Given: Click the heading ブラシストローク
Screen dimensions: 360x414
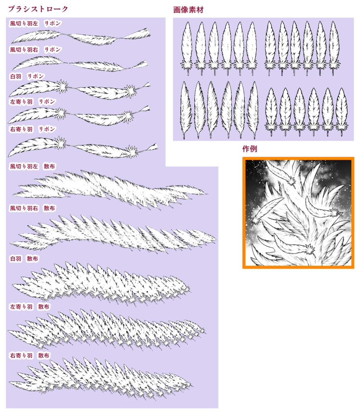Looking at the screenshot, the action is tap(38, 9).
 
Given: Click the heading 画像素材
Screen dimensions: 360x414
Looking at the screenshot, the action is tap(188, 10).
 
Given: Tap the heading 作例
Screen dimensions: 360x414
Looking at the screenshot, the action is tap(250, 149).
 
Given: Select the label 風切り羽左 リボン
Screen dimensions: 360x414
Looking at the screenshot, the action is tap(35, 23).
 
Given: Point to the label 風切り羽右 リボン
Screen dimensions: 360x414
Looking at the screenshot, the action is tap(35, 50).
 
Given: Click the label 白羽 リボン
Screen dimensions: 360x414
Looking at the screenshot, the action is tap(27, 76).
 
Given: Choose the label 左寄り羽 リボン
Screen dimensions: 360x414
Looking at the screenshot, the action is tap(32, 101).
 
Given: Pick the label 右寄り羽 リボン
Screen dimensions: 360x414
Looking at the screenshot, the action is tap(32, 129).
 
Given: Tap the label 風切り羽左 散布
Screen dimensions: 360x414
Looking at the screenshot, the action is tap(32, 166).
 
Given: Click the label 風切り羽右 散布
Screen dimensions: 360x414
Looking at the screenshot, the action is tap(32, 208).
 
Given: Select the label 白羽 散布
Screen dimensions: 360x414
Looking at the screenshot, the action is tap(24, 258).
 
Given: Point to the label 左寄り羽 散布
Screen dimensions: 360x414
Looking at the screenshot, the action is tap(30, 306).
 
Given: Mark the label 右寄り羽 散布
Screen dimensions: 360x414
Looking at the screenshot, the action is tap(30, 355).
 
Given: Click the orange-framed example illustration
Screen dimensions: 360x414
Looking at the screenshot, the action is tap(298, 213).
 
